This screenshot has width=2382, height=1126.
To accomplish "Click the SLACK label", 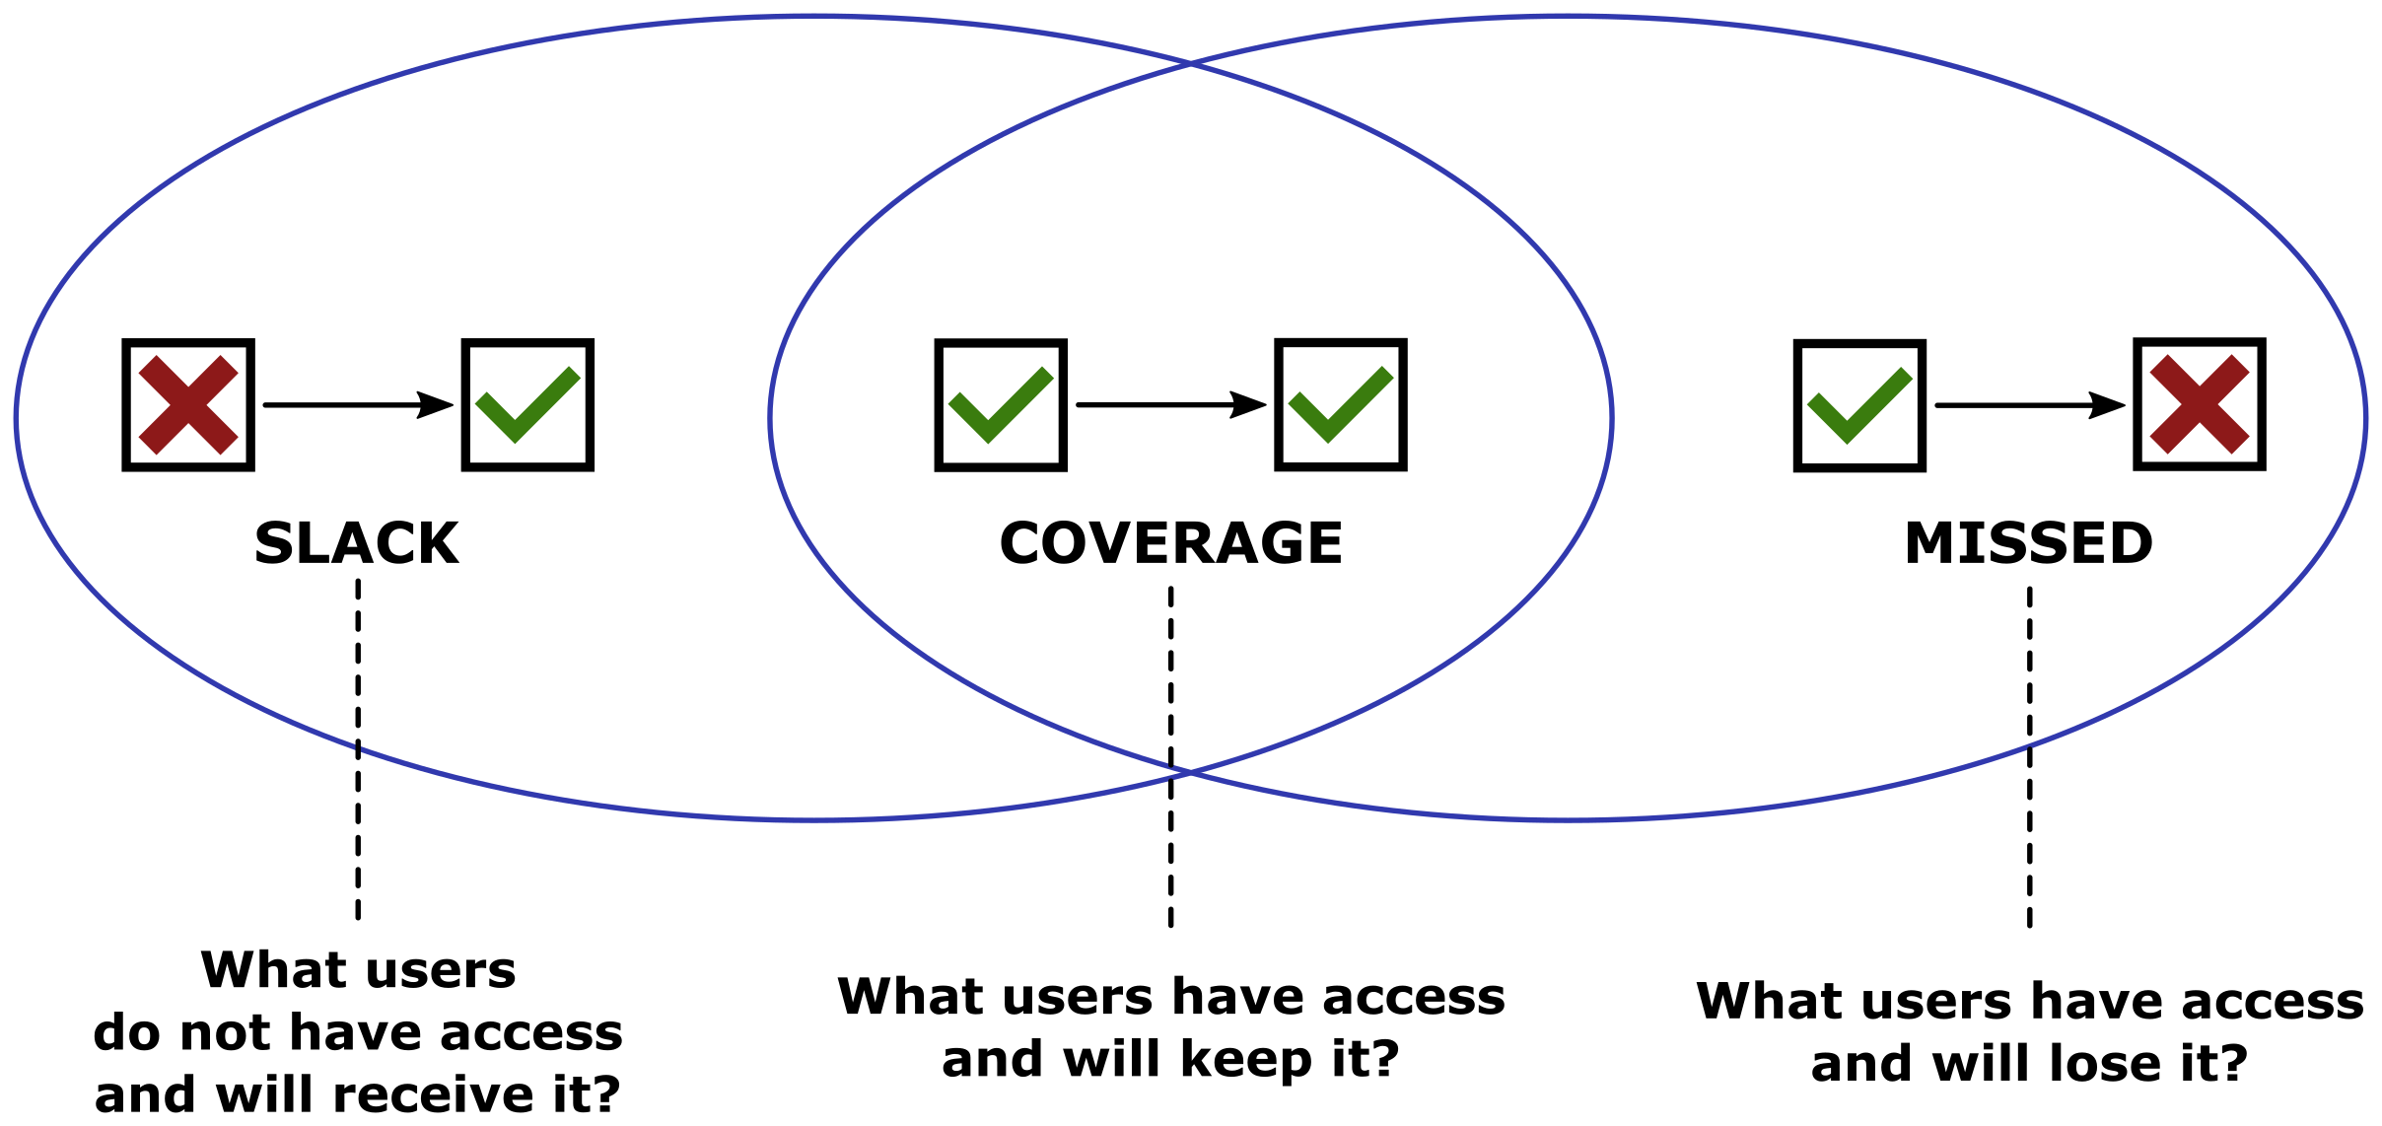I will (356, 543).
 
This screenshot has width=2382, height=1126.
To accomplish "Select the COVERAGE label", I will (1170, 543).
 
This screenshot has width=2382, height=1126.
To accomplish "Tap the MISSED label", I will (2028, 543).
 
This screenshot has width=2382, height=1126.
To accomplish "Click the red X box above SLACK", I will (188, 405).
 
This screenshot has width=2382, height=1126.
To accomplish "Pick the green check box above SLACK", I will (527, 405).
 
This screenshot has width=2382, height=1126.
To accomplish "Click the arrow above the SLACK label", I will (357, 404).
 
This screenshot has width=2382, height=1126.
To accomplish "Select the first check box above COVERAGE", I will (1001, 405).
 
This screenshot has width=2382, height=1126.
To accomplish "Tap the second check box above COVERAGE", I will (1340, 404).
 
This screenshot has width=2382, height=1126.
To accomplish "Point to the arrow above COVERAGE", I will (1170, 404).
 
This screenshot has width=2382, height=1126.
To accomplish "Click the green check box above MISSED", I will (1859, 406).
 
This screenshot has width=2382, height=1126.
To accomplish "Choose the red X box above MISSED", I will (2200, 404).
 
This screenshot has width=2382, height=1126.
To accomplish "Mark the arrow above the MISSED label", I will (2029, 405).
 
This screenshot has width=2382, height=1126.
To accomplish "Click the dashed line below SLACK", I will (358, 749).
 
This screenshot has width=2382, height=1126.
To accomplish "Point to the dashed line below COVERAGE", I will (1170, 757).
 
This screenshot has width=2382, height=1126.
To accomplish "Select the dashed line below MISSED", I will (2029, 757).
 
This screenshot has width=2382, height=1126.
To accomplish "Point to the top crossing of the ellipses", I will (1191, 64).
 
